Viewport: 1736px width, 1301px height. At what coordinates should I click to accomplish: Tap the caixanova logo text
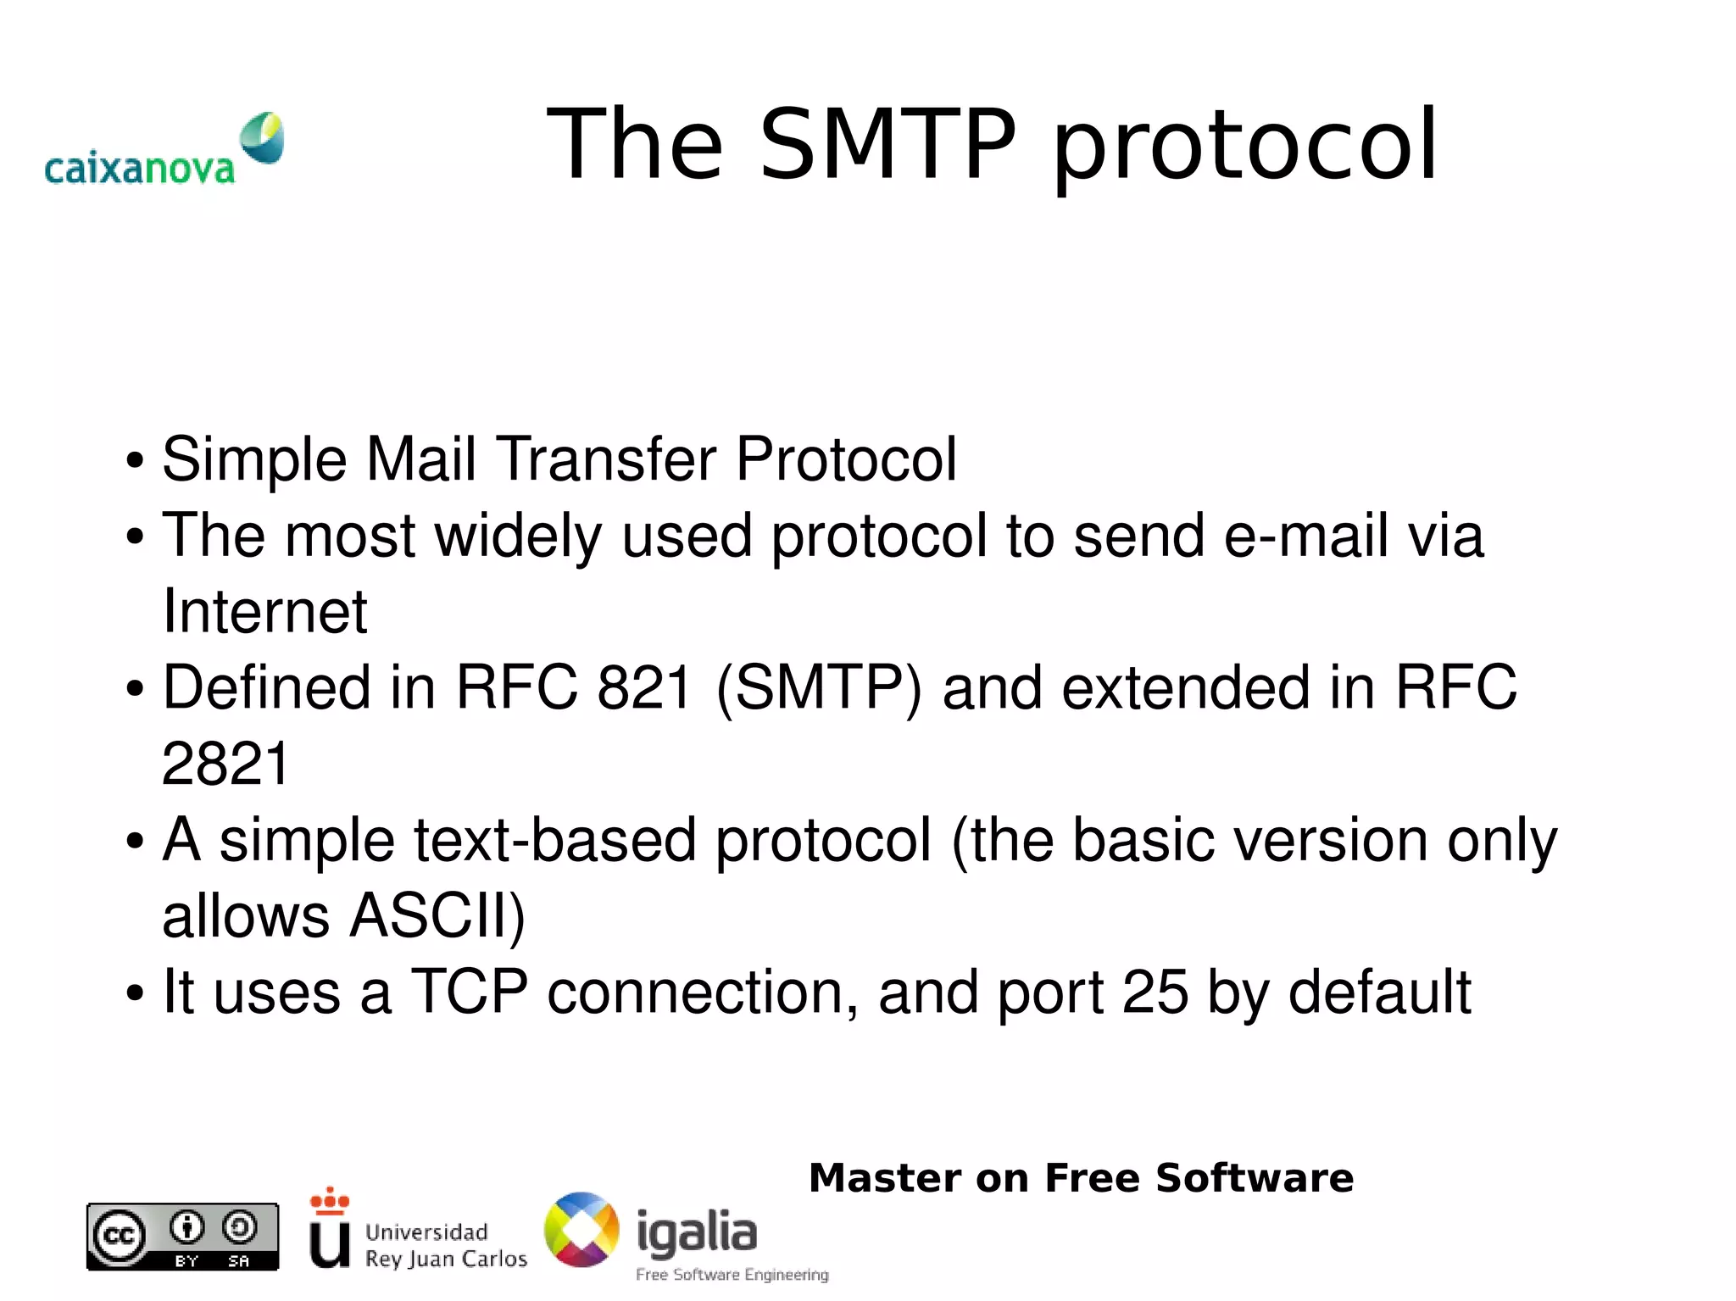pyautogui.click(x=139, y=169)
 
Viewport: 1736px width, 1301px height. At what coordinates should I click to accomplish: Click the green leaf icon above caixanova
pyautogui.click(x=262, y=136)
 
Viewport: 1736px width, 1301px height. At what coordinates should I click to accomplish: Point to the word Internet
pyautogui.click(x=264, y=611)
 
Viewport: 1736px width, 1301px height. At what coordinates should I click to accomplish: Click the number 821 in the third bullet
pyautogui.click(x=645, y=687)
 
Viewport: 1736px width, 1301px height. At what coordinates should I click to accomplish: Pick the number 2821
pyautogui.click(x=225, y=764)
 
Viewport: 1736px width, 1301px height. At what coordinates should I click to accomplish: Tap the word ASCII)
pyautogui.click(x=437, y=916)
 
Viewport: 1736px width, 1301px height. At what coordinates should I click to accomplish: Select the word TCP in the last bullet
pyautogui.click(x=470, y=992)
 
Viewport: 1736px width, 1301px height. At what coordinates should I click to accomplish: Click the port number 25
pyautogui.click(x=1155, y=992)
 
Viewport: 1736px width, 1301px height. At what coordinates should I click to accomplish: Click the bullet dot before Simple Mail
pyautogui.click(x=135, y=462)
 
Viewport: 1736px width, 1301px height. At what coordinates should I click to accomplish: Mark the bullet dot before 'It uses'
pyautogui.click(x=135, y=994)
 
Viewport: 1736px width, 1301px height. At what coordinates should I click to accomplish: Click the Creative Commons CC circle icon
pyautogui.click(x=119, y=1237)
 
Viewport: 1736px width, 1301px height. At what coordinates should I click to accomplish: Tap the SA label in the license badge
pyautogui.click(x=239, y=1261)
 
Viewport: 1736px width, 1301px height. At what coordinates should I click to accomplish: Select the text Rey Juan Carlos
pyautogui.click(x=446, y=1259)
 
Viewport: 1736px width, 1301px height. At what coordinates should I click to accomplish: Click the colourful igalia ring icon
pyautogui.click(x=581, y=1230)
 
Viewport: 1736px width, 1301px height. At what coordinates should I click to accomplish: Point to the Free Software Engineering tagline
pyautogui.click(x=732, y=1275)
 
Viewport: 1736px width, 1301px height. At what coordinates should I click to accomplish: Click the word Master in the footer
pyautogui.click(x=885, y=1178)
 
